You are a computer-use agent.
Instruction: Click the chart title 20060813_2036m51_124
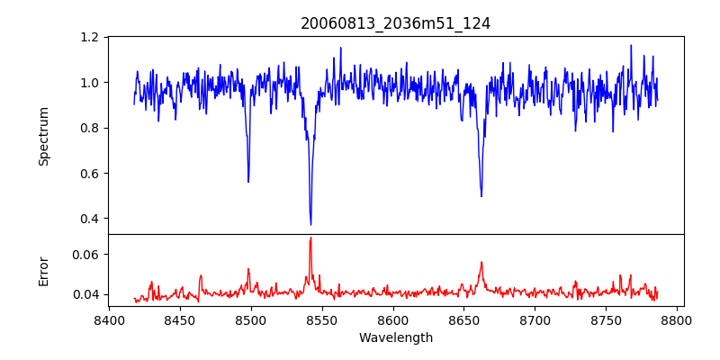point(395,23)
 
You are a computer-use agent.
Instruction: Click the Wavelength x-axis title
point(395,338)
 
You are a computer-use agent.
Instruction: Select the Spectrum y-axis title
point(43,136)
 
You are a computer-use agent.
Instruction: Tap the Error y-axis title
point(43,271)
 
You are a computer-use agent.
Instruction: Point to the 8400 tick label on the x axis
point(109,319)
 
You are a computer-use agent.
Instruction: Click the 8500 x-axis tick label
point(251,319)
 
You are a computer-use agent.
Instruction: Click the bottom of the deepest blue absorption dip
point(310,225)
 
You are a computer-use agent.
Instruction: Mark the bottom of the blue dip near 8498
point(248,182)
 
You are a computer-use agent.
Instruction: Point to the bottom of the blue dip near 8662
point(481,196)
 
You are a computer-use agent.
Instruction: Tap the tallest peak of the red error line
point(310,238)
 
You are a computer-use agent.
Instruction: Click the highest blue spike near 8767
point(631,45)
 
